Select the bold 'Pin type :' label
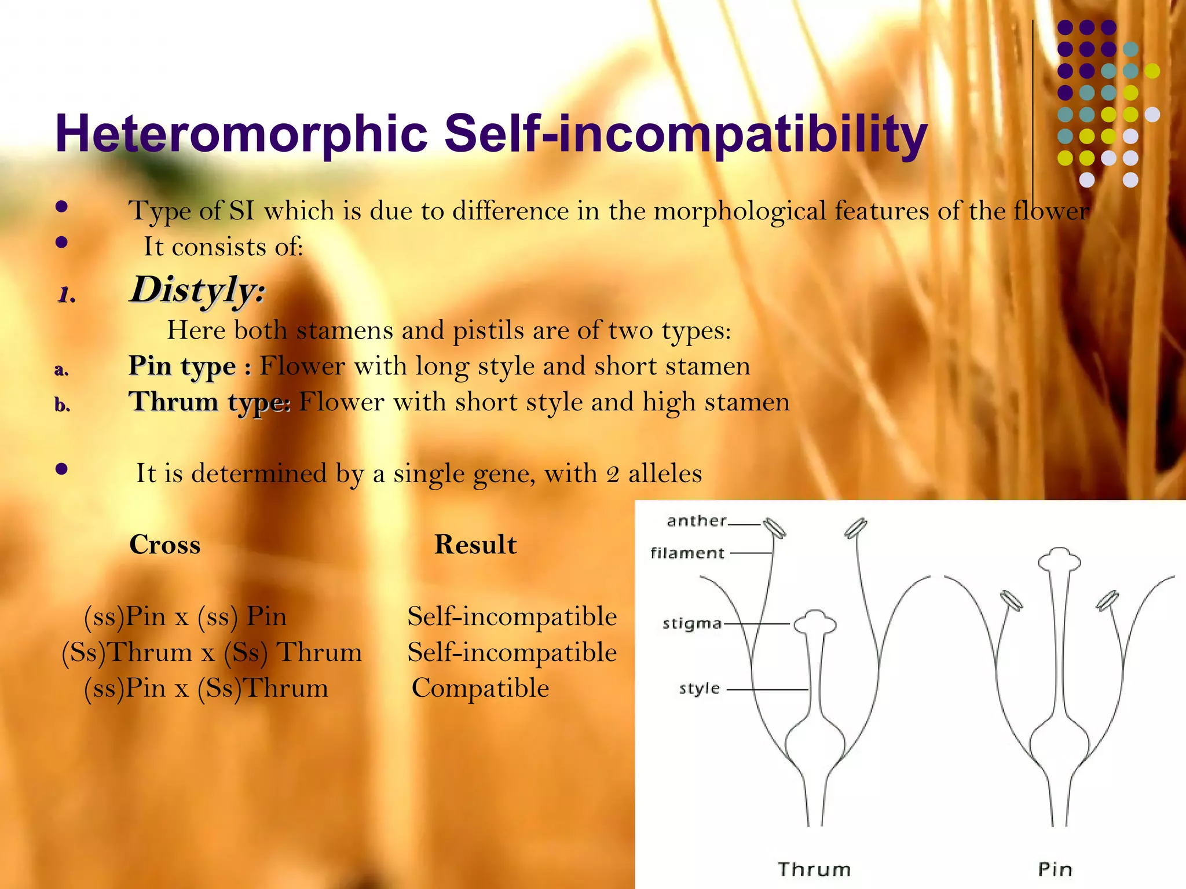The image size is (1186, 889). (x=190, y=366)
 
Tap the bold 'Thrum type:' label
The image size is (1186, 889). (x=209, y=402)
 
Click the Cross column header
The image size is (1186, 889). (x=165, y=545)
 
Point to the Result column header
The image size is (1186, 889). (x=475, y=545)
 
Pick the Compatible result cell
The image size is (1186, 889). (x=480, y=688)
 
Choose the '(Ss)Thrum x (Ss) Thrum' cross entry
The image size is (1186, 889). (x=211, y=652)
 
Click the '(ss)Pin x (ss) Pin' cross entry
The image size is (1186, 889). (x=185, y=616)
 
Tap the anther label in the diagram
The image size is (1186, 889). (x=696, y=521)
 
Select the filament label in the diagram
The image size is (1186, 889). (x=687, y=553)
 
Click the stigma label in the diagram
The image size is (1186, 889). (x=692, y=624)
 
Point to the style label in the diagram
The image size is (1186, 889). (x=700, y=689)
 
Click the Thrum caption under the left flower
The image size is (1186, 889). (x=814, y=869)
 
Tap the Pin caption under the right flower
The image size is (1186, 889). (x=1055, y=869)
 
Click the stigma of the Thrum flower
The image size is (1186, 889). (x=815, y=623)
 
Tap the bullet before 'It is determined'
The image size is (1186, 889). (x=62, y=469)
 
